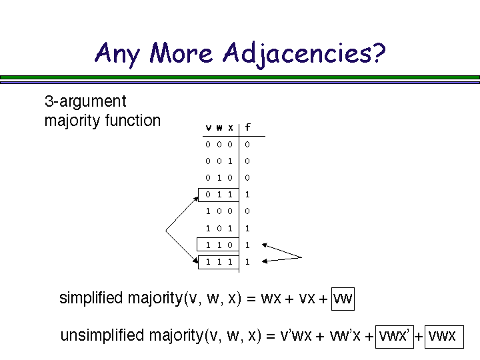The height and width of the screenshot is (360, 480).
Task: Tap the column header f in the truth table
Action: [x=248, y=127]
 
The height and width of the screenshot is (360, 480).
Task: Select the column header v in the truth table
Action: [x=209, y=127]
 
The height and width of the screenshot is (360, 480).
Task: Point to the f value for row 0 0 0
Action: [x=247, y=144]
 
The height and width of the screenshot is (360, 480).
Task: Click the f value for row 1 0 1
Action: [x=247, y=228]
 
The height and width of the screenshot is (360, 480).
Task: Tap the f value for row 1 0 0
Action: [x=247, y=211]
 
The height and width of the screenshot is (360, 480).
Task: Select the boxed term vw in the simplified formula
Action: [x=343, y=299]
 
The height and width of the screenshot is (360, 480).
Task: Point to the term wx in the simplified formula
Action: [x=271, y=299]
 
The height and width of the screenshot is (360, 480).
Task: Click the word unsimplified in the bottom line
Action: [x=102, y=336]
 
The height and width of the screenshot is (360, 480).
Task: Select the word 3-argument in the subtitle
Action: [x=85, y=102]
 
